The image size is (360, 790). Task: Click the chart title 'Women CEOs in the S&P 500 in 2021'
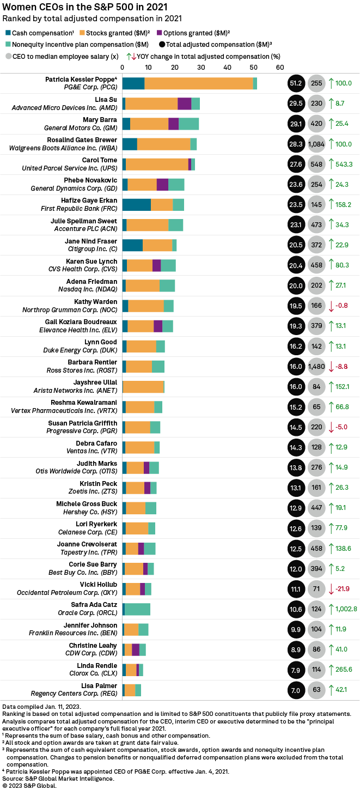[x=85, y=7]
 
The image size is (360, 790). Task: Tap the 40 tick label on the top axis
[x=228, y=67]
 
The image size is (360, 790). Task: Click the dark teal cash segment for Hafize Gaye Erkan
[x=136, y=204]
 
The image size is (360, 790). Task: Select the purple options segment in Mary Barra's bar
[x=173, y=124]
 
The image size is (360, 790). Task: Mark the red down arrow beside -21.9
[x=331, y=589]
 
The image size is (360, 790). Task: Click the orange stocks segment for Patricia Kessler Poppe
[x=198, y=83]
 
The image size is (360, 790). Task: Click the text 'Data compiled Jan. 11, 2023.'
[x=43, y=706]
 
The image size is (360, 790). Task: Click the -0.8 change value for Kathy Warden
[x=341, y=306]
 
